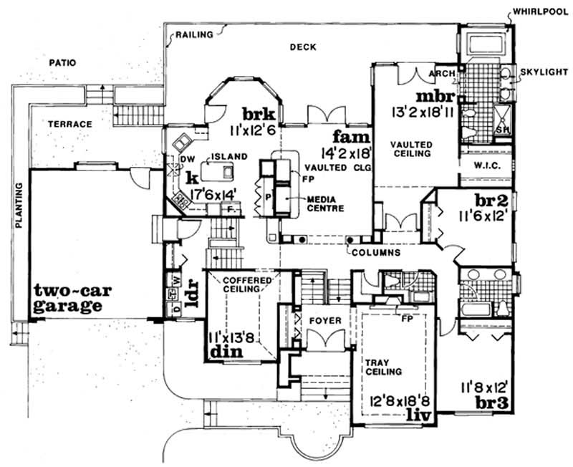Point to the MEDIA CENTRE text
(x=326, y=203)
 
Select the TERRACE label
(x=69, y=124)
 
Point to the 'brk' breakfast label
(x=256, y=115)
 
